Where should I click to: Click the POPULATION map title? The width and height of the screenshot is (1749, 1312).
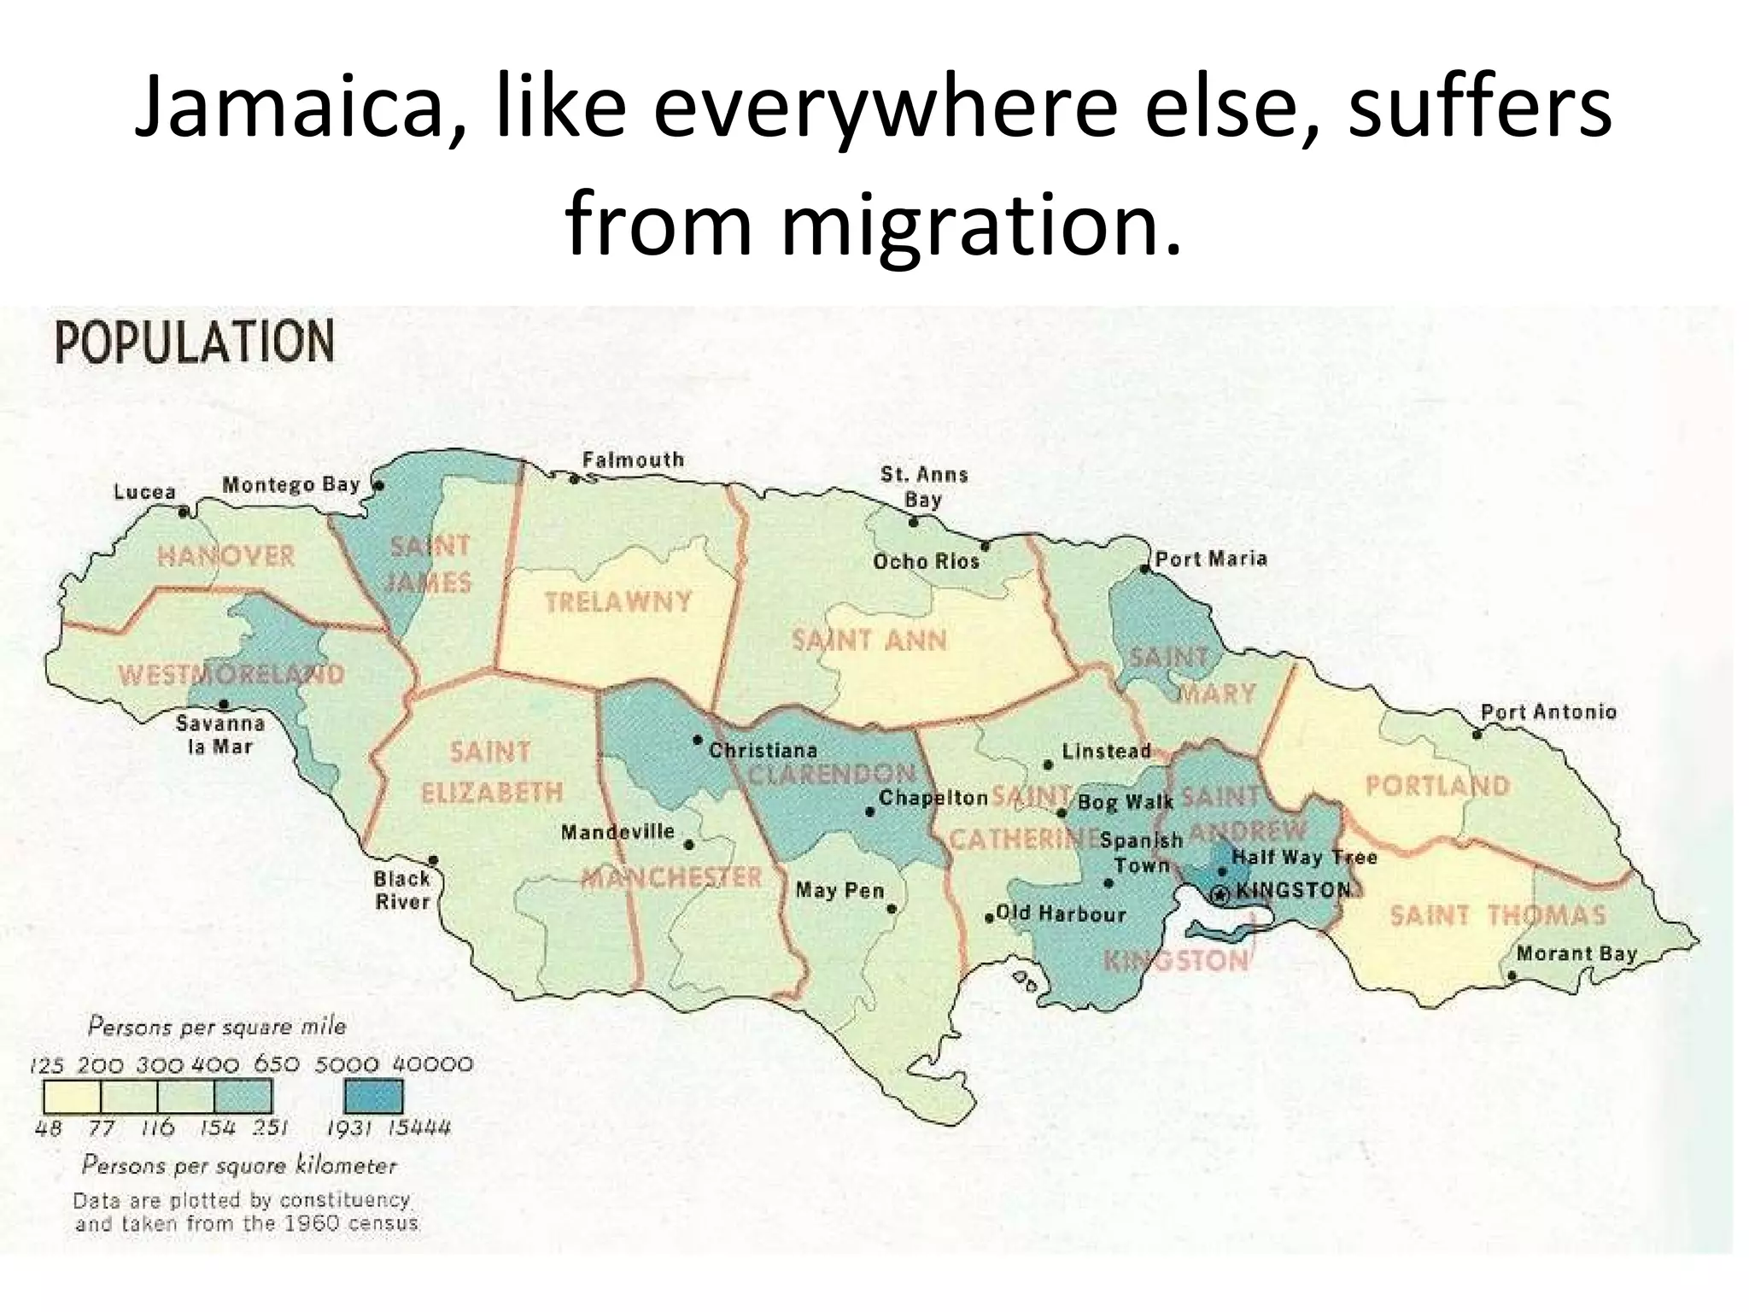tap(195, 343)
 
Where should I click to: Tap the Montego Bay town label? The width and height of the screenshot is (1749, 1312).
tap(291, 484)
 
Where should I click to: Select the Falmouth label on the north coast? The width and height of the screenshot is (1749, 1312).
tap(633, 460)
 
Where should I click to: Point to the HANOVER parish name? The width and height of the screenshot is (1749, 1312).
tap(225, 557)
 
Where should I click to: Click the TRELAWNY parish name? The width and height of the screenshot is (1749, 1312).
tap(617, 602)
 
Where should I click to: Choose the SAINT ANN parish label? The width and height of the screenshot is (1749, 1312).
tap(869, 641)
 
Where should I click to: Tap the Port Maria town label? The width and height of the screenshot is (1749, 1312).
tap(1211, 559)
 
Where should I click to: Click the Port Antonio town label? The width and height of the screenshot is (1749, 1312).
tap(1548, 712)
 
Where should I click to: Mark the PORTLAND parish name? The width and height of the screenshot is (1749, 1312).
tap(1437, 786)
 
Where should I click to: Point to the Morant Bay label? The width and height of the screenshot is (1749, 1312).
tap(1576, 953)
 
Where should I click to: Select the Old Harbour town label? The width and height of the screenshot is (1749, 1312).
tap(1061, 913)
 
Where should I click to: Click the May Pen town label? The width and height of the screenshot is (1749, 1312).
tap(839, 890)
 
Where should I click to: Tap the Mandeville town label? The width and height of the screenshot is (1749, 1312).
tap(617, 831)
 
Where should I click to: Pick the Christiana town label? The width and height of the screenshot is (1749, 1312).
tap(763, 750)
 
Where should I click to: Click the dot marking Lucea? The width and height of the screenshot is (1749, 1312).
tap(183, 512)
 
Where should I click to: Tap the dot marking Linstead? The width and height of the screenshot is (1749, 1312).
tap(1048, 764)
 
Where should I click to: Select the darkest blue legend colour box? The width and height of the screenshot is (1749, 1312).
tap(373, 1096)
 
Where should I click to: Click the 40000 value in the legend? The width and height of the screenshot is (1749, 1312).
tap(432, 1065)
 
